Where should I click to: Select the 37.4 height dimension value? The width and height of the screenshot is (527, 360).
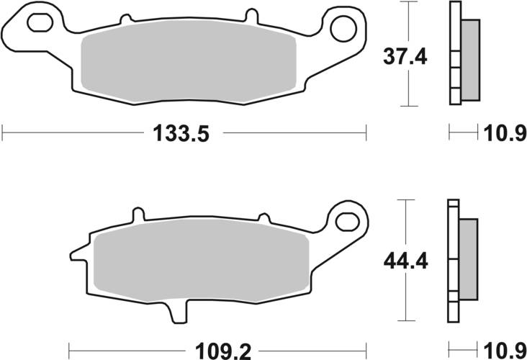coord(404,56)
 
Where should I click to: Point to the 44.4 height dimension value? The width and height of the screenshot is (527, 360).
coord(404,261)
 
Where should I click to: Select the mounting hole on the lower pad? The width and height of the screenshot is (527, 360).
coord(348,218)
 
